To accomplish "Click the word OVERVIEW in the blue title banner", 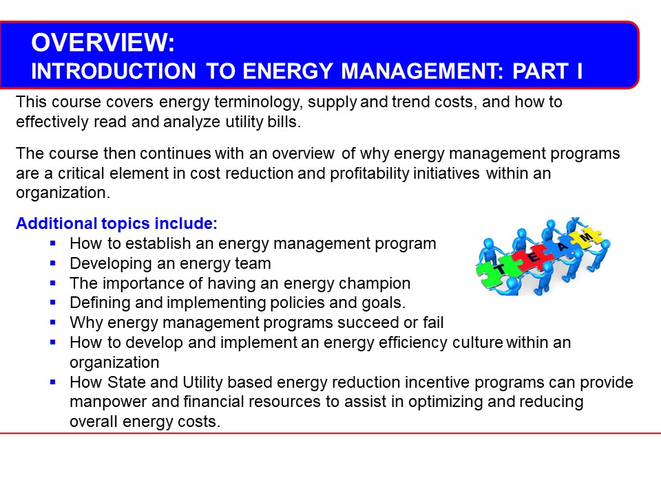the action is [x=100, y=43].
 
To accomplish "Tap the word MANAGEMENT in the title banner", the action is [x=422, y=71].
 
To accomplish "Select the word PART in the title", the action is [x=541, y=71].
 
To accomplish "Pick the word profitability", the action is [x=369, y=173].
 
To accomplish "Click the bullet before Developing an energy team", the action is [x=53, y=263].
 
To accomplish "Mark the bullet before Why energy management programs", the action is [x=53, y=322].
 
